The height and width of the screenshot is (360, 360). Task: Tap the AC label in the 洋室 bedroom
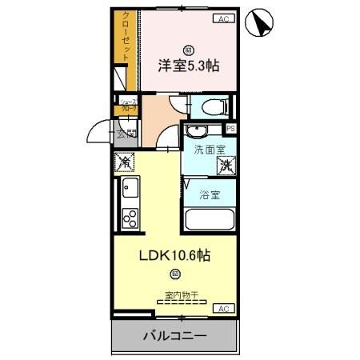pos(223,18)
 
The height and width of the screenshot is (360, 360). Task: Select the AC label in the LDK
pos(223,308)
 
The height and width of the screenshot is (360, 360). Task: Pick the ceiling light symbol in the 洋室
pos(188,49)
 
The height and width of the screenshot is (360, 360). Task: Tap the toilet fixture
pos(212,106)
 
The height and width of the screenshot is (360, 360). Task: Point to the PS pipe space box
pos(231,128)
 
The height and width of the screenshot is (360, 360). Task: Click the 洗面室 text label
pos(208,149)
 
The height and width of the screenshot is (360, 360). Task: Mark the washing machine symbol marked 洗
pos(226,165)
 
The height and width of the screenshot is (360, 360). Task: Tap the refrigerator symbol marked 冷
pos(126,162)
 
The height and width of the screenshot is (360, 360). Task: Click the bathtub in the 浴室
pos(210,220)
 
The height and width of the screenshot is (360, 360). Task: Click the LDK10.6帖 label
pos(175,256)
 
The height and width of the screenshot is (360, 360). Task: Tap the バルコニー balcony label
pos(174,336)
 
